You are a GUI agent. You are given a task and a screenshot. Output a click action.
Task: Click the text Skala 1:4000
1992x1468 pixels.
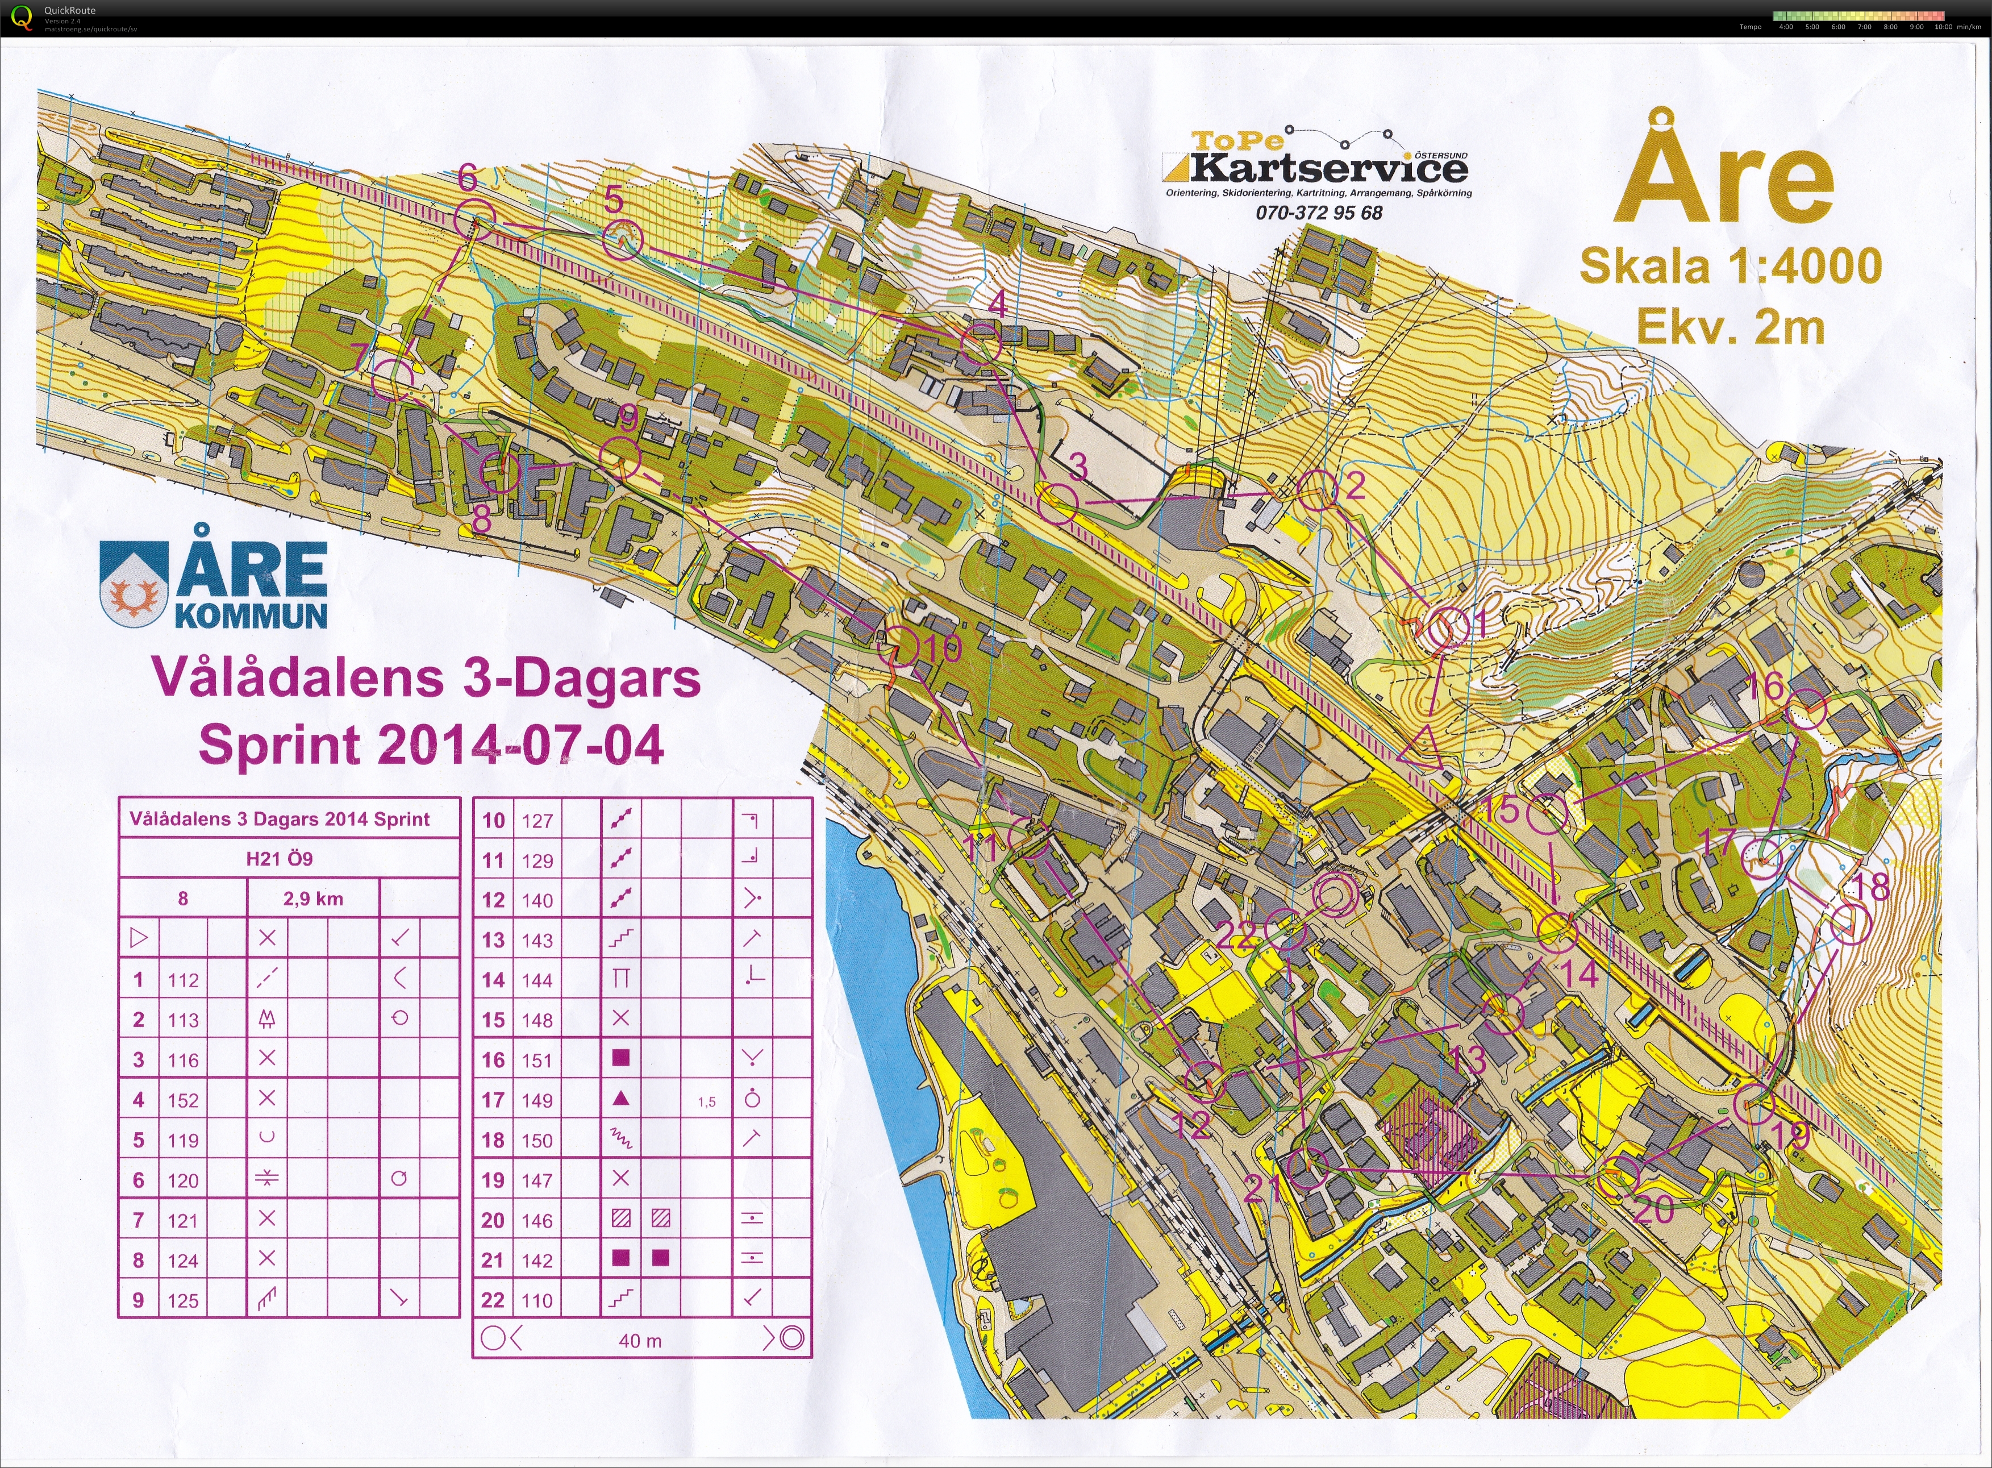1730,266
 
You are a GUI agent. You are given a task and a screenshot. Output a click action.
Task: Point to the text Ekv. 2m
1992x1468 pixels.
1730,327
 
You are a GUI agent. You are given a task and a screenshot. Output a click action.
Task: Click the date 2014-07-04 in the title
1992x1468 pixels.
520,744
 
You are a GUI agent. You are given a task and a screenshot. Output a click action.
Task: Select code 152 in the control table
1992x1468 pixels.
183,1100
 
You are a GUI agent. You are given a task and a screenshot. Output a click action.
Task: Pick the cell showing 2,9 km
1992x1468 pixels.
312,899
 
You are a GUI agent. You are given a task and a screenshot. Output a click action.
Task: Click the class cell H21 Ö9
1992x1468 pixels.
279,858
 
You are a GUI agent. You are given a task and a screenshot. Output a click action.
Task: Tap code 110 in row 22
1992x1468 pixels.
537,1300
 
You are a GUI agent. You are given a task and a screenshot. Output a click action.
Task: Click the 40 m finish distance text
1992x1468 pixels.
640,1340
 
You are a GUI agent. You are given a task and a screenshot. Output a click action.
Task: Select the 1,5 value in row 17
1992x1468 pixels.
706,1102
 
